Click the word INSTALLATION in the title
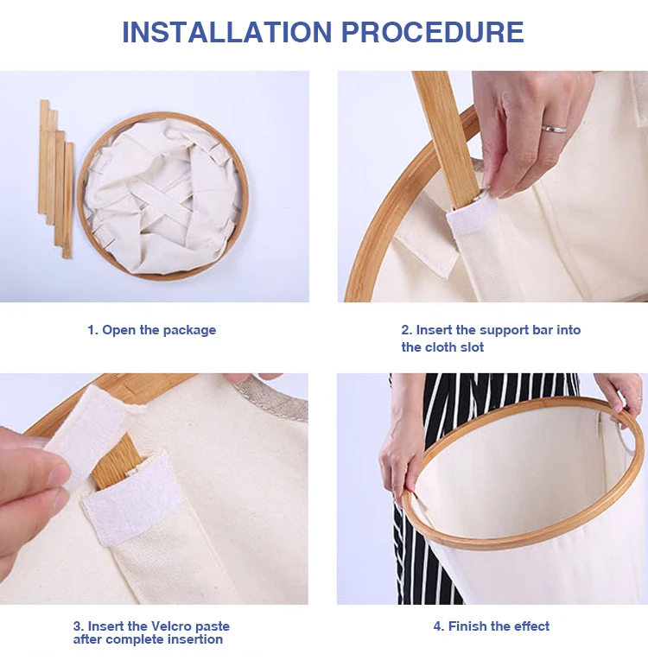(x=226, y=32)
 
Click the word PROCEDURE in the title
(x=433, y=32)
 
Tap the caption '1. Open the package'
(x=151, y=330)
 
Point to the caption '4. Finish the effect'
(x=492, y=626)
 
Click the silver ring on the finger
(x=554, y=129)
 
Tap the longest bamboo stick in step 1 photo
(x=44, y=156)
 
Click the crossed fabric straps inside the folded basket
(x=161, y=200)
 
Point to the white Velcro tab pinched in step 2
(x=473, y=217)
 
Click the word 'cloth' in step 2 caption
(x=442, y=347)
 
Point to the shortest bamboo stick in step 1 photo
(x=67, y=200)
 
